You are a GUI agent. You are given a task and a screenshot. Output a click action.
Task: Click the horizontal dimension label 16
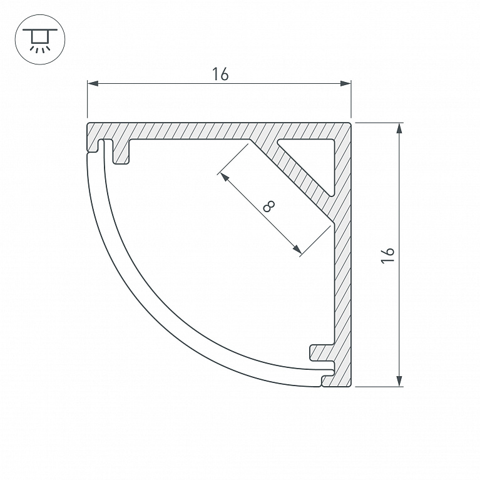(x=220, y=74)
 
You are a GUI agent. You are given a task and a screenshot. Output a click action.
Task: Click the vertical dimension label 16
(x=387, y=255)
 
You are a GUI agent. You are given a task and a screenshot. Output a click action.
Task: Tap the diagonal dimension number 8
(x=269, y=207)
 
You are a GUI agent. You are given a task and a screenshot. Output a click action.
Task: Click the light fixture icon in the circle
(x=40, y=39)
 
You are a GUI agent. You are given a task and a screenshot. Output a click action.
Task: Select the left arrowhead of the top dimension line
(x=93, y=83)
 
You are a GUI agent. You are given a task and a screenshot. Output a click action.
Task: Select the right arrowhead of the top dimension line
(x=345, y=83)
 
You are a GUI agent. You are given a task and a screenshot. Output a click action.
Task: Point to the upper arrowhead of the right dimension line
(x=399, y=128)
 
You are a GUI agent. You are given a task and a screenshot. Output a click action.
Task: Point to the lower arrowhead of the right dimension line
(x=399, y=381)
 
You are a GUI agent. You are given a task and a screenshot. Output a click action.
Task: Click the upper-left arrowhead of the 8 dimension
(x=225, y=177)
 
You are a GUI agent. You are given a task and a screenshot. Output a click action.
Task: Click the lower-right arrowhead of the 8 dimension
(x=297, y=250)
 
